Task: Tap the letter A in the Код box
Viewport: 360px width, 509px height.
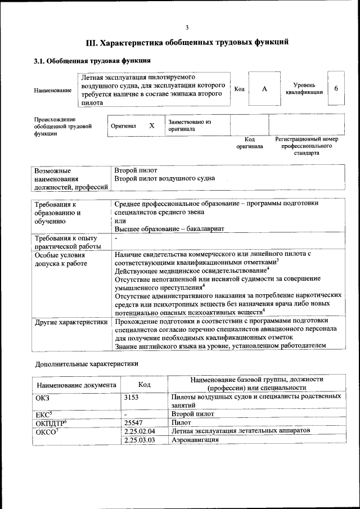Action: coord(264,89)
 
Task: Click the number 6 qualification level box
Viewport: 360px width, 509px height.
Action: coord(336,89)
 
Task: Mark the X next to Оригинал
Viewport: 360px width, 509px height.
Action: coord(151,125)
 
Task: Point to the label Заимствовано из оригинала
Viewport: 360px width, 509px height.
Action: coord(189,125)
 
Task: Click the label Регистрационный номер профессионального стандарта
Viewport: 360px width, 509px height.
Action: coord(306,145)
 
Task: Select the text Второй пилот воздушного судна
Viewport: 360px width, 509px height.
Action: coord(164,179)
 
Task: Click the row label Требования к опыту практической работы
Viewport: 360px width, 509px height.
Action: coord(67,242)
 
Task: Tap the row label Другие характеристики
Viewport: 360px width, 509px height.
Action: coord(71,322)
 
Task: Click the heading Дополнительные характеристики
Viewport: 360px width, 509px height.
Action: coord(87,363)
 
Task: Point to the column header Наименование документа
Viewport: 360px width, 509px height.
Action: coord(76,385)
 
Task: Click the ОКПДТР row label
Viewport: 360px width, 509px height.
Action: coord(51,422)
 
